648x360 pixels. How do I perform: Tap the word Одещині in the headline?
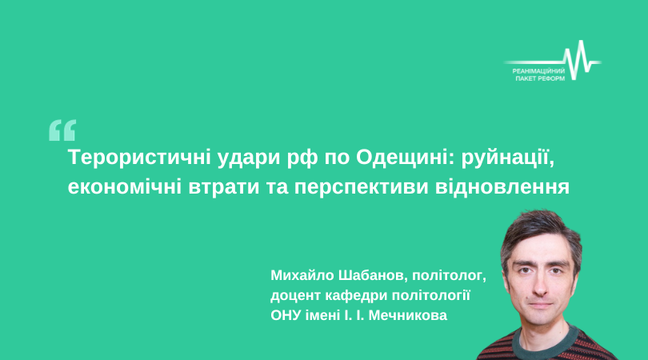coord(399,158)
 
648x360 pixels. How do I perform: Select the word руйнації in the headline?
coord(507,158)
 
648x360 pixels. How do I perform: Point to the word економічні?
coord(124,187)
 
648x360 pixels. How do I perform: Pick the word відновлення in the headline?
coord(502,187)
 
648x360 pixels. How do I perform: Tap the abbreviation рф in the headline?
coord(302,159)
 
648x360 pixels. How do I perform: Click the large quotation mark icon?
coord(62,130)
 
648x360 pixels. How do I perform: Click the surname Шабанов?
coord(373,276)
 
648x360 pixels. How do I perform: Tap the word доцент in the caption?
coord(295,296)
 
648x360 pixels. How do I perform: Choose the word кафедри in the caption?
coord(356,296)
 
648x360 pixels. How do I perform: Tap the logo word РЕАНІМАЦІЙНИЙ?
coord(538,71)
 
